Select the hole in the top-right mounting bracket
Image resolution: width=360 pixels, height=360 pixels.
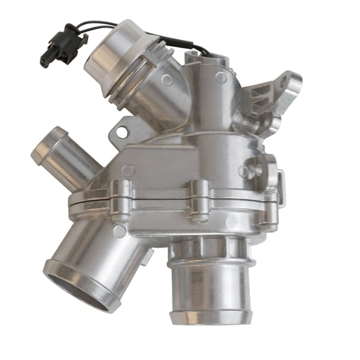pyautogui.click(x=289, y=82)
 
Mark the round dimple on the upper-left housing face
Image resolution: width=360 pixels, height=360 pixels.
pyautogui.click(x=127, y=169)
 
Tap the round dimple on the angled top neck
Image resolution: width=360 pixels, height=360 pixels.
pyautogui.click(x=167, y=80)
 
